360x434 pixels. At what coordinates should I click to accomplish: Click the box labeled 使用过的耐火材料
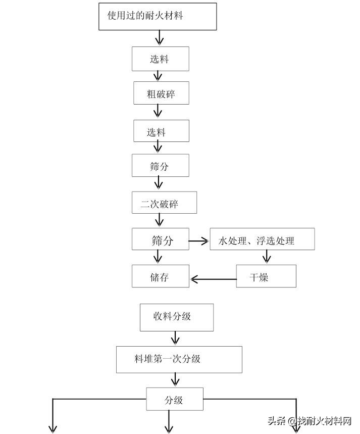click(x=158, y=16)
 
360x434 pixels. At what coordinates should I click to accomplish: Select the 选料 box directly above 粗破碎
click(x=160, y=59)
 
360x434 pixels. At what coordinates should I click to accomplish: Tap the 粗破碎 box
click(x=161, y=93)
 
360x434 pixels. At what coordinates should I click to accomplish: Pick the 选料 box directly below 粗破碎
click(x=161, y=131)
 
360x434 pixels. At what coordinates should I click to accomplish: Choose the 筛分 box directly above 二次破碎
click(x=160, y=165)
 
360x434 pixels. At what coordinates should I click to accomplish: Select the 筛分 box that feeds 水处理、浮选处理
click(x=160, y=239)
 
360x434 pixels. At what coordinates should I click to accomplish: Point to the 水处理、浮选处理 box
click(x=262, y=239)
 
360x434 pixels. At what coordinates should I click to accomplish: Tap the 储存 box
click(x=160, y=276)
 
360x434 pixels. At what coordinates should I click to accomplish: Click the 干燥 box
click(x=266, y=276)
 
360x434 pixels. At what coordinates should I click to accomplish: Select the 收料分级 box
click(x=176, y=317)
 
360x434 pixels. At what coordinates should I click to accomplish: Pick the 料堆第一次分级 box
click(x=179, y=359)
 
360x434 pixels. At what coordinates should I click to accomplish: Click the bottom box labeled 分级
click(x=174, y=399)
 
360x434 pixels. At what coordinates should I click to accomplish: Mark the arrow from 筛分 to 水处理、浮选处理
click(x=199, y=242)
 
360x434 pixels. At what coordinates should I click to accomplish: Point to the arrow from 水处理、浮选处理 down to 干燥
click(x=267, y=257)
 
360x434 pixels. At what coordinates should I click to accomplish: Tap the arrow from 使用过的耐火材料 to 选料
click(x=160, y=38)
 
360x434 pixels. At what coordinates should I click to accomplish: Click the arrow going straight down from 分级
click(x=169, y=421)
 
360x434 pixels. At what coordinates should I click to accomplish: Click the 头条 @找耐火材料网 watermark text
click(x=309, y=421)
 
